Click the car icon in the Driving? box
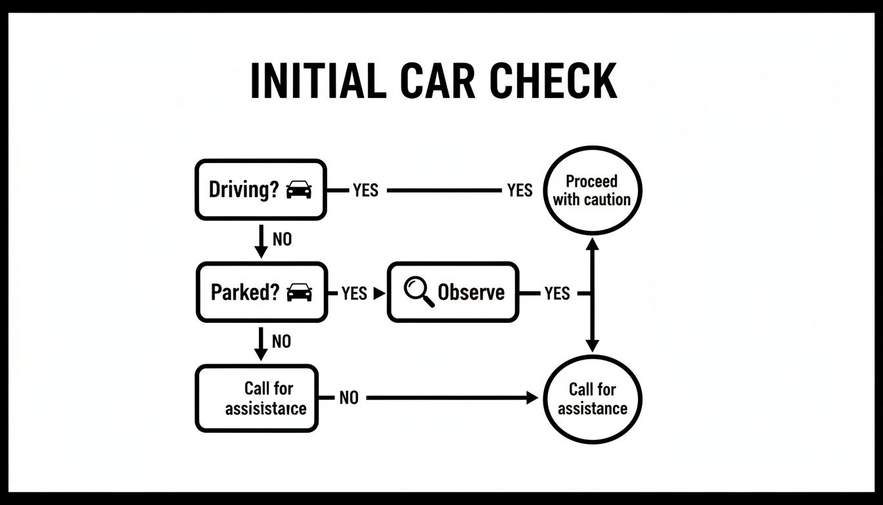pos(300,190)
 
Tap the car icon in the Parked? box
pos(300,293)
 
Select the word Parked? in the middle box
pos(245,293)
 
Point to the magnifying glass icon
pos(419,292)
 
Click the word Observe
pos(471,293)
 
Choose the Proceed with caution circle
pos(592,191)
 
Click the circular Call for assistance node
pos(592,398)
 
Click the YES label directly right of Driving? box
pos(365,191)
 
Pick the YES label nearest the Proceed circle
pos(520,191)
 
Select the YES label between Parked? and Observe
pos(354,293)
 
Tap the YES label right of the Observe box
pos(557,293)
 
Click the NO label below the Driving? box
pos(282,240)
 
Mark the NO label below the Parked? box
pos(281,342)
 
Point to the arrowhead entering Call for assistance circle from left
pos(532,398)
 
